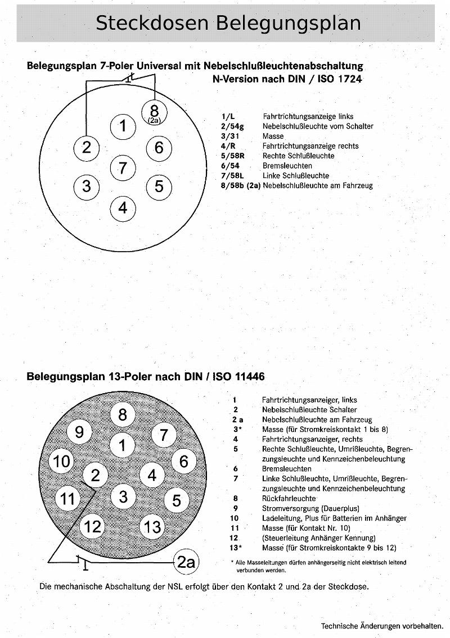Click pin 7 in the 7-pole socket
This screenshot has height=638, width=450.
click(123, 167)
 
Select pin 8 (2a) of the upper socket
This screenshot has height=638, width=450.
click(155, 112)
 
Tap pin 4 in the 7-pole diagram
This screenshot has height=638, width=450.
click(123, 208)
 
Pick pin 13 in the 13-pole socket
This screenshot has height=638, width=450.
click(152, 526)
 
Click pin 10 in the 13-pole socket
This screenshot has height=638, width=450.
click(62, 462)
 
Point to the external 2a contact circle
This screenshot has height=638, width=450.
click(186, 562)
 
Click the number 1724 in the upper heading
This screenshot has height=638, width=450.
click(349, 79)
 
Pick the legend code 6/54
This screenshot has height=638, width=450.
click(231, 166)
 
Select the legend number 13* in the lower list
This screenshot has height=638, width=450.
click(235, 548)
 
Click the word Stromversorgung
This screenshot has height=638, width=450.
click(290, 508)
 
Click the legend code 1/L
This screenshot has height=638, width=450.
click(228, 116)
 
